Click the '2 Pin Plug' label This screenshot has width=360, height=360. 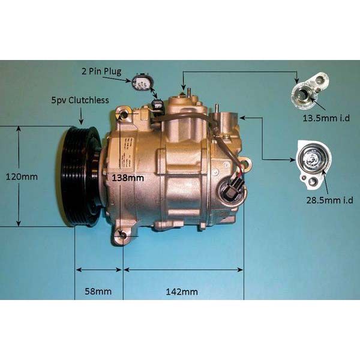coord(101,71)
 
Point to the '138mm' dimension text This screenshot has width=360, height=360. coord(127,178)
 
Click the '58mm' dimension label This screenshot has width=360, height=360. coord(98,292)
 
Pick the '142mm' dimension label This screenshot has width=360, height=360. coord(182,292)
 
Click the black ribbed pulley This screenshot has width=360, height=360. coord(80,175)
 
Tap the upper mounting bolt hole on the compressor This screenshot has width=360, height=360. coord(123,115)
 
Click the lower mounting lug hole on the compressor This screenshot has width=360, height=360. coord(123,236)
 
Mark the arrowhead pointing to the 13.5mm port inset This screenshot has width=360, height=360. coord(296,81)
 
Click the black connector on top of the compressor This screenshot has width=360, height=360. coord(158,106)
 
